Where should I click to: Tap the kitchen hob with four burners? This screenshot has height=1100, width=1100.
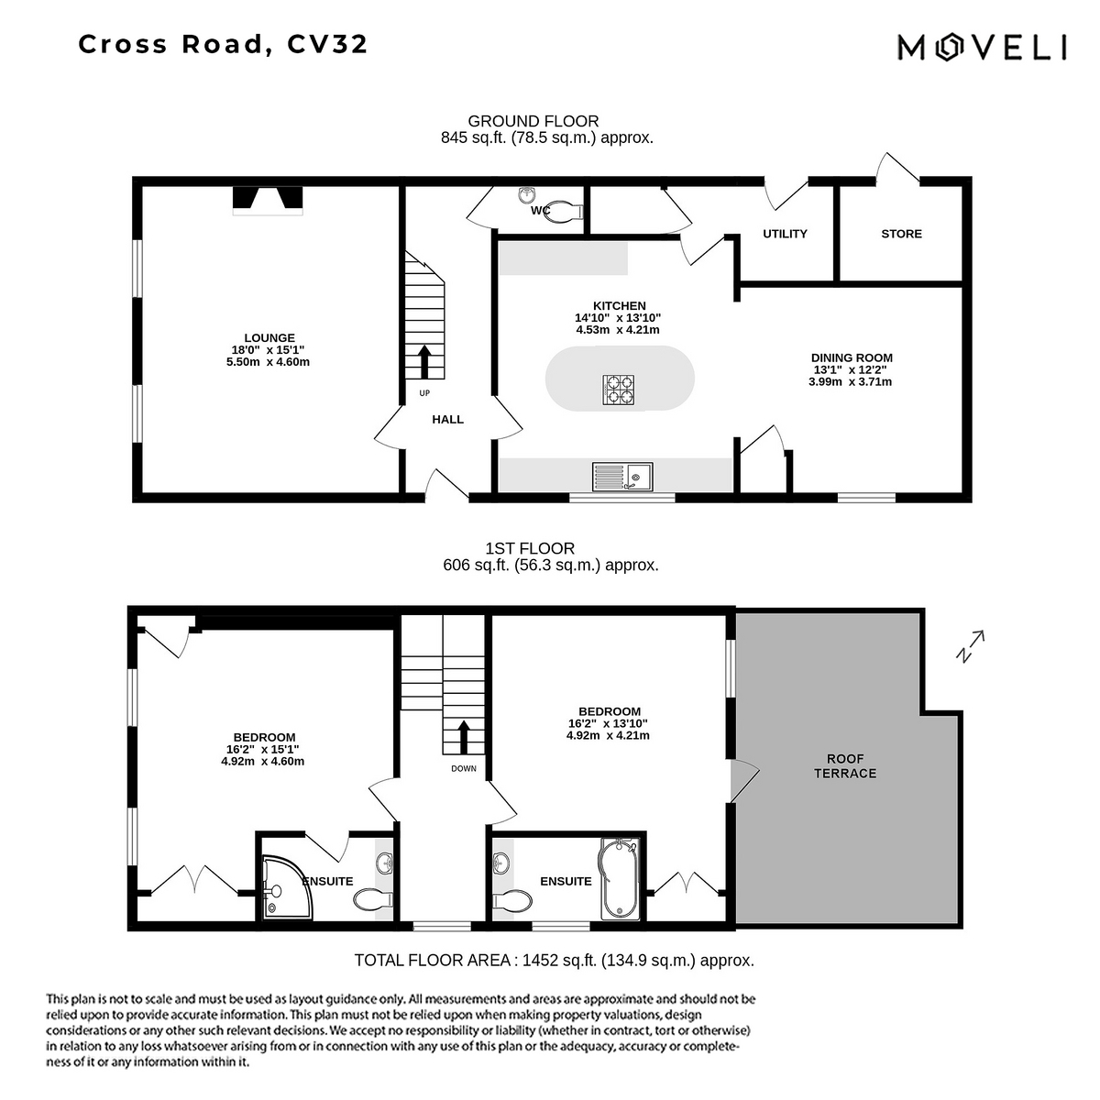[x=618, y=390]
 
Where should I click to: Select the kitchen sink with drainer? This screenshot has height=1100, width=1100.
[x=622, y=477]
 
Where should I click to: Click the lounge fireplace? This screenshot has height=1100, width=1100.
[x=267, y=201]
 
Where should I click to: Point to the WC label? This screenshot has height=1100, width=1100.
[x=540, y=211]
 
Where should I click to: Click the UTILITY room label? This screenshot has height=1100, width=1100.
[x=785, y=234]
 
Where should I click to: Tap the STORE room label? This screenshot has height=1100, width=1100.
[x=901, y=234]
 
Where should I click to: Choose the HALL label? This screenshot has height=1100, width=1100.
[x=447, y=420]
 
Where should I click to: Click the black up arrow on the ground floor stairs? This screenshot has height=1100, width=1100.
[x=424, y=361]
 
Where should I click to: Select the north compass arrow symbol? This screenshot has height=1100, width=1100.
[x=970, y=646]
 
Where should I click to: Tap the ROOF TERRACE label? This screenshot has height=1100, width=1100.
[x=845, y=766]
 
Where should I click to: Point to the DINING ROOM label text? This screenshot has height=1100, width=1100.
[x=852, y=357]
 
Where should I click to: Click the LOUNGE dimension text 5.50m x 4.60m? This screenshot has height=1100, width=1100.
[x=268, y=362]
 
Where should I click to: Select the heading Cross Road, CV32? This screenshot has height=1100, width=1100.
[x=223, y=45]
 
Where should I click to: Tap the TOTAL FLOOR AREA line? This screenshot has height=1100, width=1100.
[x=554, y=961]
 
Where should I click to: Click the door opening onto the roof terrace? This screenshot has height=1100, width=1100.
[x=745, y=780]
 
